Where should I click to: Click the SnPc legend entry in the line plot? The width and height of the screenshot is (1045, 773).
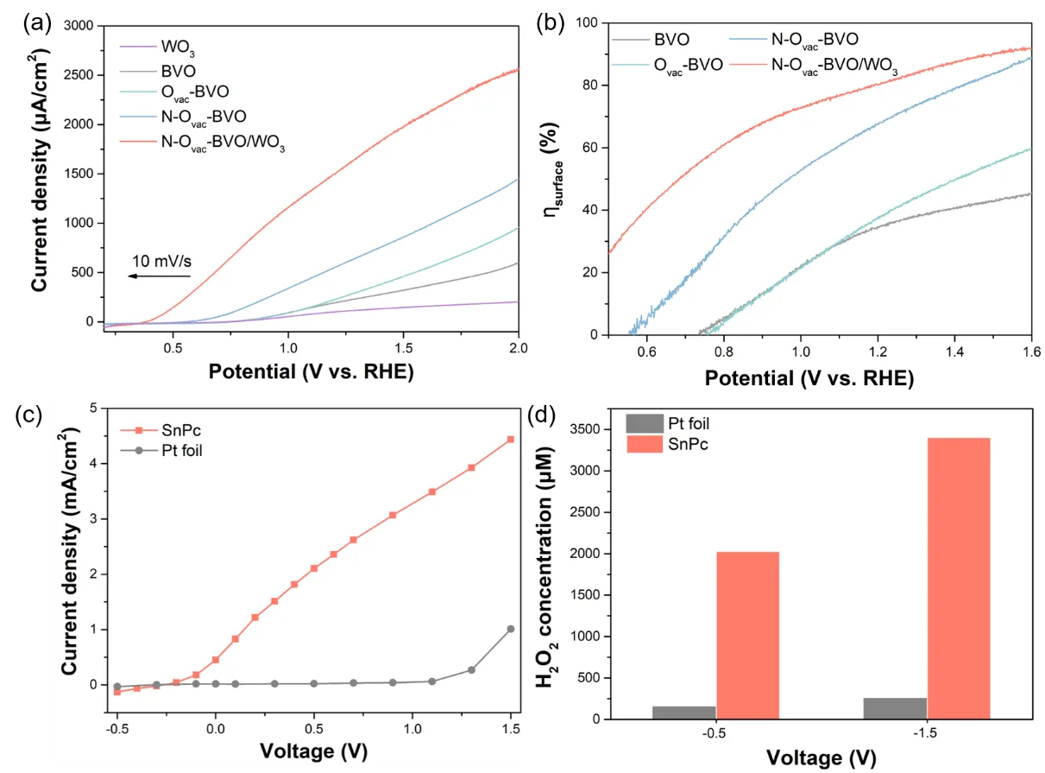pyautogui.click(x=171, y=430)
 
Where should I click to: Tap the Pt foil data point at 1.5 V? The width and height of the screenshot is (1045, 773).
pyautogui.click(x=511, y=629)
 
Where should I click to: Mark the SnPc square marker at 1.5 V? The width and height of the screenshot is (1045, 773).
pyautogui.click(x=511, y=439)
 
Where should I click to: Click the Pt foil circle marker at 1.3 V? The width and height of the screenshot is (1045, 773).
pyautogui.click(x=471, y=669)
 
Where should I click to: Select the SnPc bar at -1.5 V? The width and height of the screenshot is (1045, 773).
pyautogui.click(x=959, y=578)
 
